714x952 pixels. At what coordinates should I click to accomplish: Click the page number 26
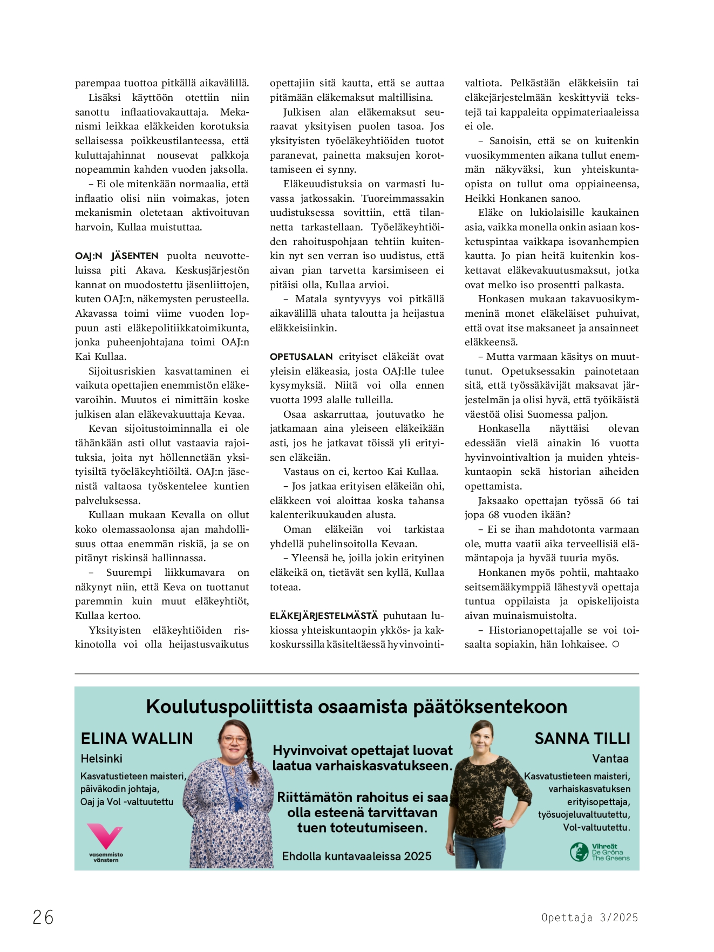click(43, 917)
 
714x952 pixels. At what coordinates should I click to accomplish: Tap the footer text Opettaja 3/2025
click(589, 917)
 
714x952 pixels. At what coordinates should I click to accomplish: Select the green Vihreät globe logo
click(579, 852)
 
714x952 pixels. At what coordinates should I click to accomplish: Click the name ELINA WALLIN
click(137, 738)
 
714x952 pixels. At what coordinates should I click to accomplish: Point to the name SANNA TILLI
click(582, 738)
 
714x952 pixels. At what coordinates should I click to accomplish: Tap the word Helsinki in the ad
click(101, 758)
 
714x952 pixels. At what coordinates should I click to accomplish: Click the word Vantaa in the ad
click(610, 758)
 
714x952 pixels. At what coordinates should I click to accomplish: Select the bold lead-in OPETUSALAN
click(301, 357)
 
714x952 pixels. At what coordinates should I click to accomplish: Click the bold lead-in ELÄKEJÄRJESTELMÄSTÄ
click(324, 616)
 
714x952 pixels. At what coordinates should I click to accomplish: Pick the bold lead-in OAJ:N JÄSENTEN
click(117, 256)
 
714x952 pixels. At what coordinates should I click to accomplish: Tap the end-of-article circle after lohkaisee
click(616, 644)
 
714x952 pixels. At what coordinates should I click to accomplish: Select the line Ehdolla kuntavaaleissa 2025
click(357, 856)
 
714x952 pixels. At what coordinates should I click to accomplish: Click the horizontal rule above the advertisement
click(357, 674)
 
